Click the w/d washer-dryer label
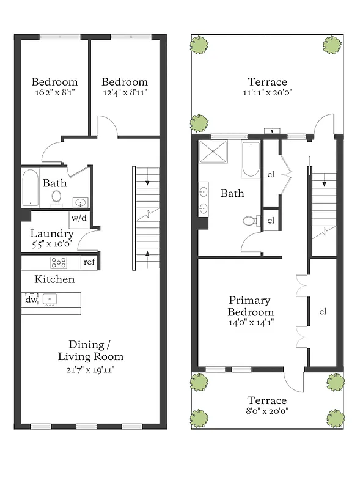[x=78, y=218]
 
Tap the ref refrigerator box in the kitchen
[x=89, y=263]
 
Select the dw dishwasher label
[x=31, y=300]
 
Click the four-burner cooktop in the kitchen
[x=59, y=263]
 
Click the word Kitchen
[x=54, y=279]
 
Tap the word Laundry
[x=52, y=233]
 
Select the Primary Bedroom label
[x=251, y=306]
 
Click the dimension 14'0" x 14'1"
[x=251, y=322]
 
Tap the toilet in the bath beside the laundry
[x=57, y=197]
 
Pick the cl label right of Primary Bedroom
[x=323, y=311]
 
